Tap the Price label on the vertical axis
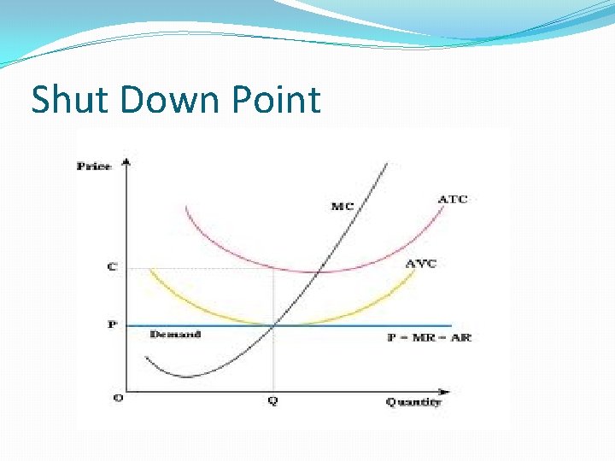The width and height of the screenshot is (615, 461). pyautogui.click(x=94, y=166)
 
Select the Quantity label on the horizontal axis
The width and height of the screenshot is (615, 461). pyautogui.click(x=413, y=401)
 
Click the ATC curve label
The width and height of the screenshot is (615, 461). pyautogui.click(x=452, y=200)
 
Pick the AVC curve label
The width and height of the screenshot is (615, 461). pyautogui.click(x=420, y=263)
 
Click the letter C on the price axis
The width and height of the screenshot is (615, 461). pyautogui.click(x=112, y=267)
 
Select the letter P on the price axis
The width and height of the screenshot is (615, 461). pyautogui.click(x=112, y=324)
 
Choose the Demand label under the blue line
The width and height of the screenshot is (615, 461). pyautogui.click(x=175, y=334)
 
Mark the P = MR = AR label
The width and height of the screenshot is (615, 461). pyautogui.click(x=429, y=337)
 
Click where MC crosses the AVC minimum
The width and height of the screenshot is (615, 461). pyautogui.click(x=273, y=324)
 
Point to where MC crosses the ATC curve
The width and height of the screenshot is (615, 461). pyautogui.click(x=319, y=271)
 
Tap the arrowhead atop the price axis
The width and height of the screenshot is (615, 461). pyautogui.click(x=126, y=161)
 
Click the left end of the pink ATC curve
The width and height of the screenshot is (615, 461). pyautogui.click(x=184, y=207)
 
